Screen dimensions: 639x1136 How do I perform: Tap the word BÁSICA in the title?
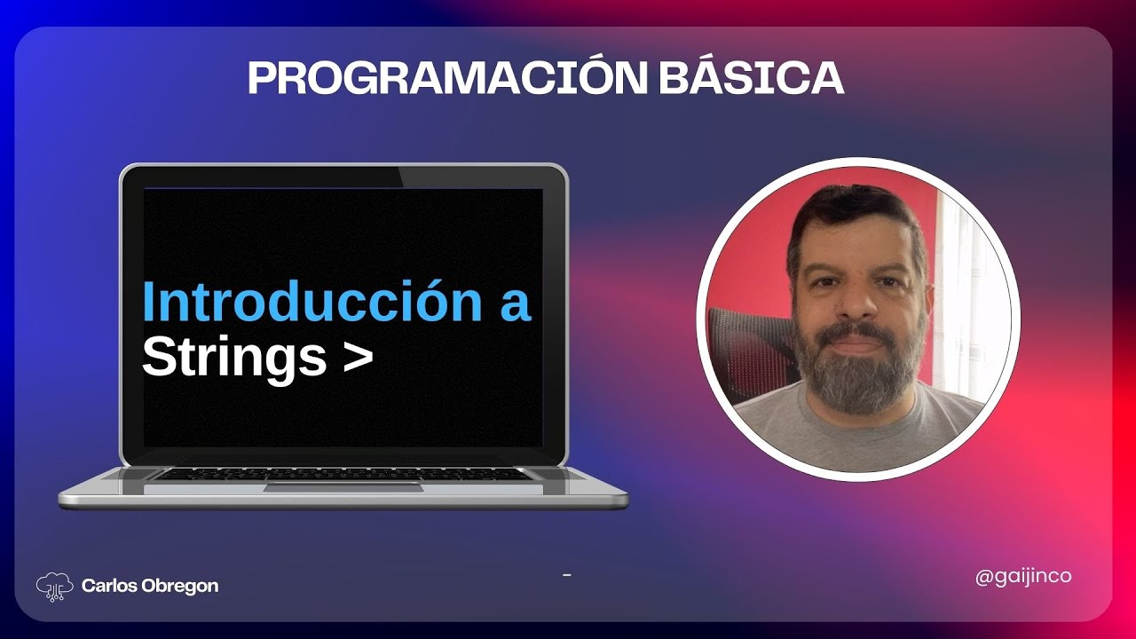[x=751, y=79]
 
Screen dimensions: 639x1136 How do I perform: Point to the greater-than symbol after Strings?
[x=357, y=357]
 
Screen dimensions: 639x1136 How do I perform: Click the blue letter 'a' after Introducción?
[x=514, y=304]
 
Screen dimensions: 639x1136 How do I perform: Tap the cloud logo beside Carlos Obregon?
[x=54, y=585]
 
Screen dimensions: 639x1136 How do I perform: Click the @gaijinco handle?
[x=1023, y=576]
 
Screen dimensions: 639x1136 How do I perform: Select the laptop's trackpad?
[x=343, y=486]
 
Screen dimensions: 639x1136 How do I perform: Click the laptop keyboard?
[x=343, y=474]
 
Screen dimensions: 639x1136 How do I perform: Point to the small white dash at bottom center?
[x=566, y=576]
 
